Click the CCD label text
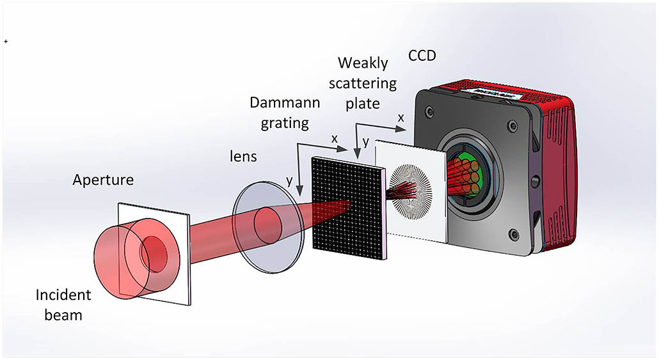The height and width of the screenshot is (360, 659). pyautogui.click(x=422, y=56)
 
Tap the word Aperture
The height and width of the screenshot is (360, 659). pyautogui.click(x=103, y=180)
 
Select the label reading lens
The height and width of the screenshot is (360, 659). pyautogui.click(x=244, y=155)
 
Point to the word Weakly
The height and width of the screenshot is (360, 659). pyautogui.click(x=363, y=63)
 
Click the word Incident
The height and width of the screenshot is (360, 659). pyautogui.click(x=63, y=295)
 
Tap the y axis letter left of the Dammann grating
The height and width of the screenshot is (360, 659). pyautogui.click(x=290, y=180)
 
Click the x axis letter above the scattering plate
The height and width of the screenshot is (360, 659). pyautogui.click(x=401, y=118)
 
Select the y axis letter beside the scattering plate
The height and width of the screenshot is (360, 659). pyautogui.click(x=365, y=142)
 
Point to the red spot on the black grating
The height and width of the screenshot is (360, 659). pyautogui.click(x=346, y=206)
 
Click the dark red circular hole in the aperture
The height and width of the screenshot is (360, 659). pyautogui.click(x=153, y=247)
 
